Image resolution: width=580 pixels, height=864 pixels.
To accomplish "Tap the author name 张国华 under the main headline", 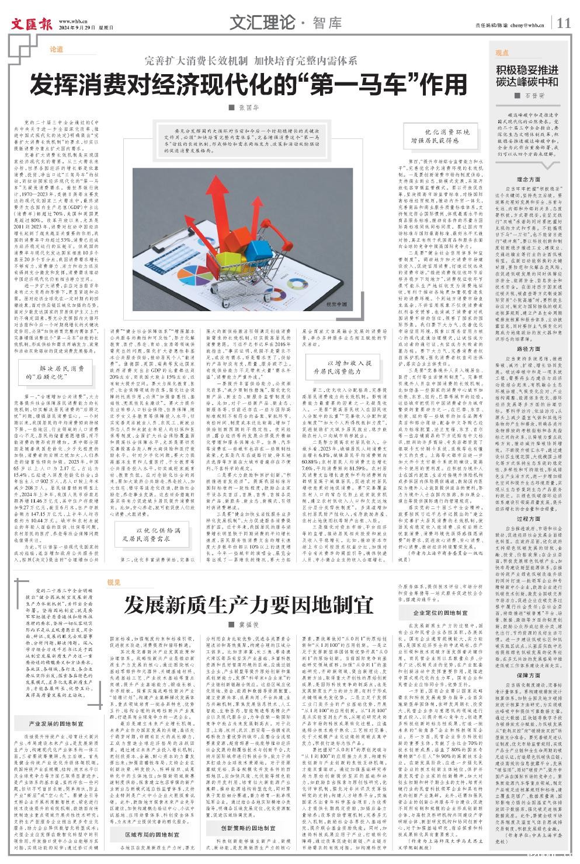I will (247, 108).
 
